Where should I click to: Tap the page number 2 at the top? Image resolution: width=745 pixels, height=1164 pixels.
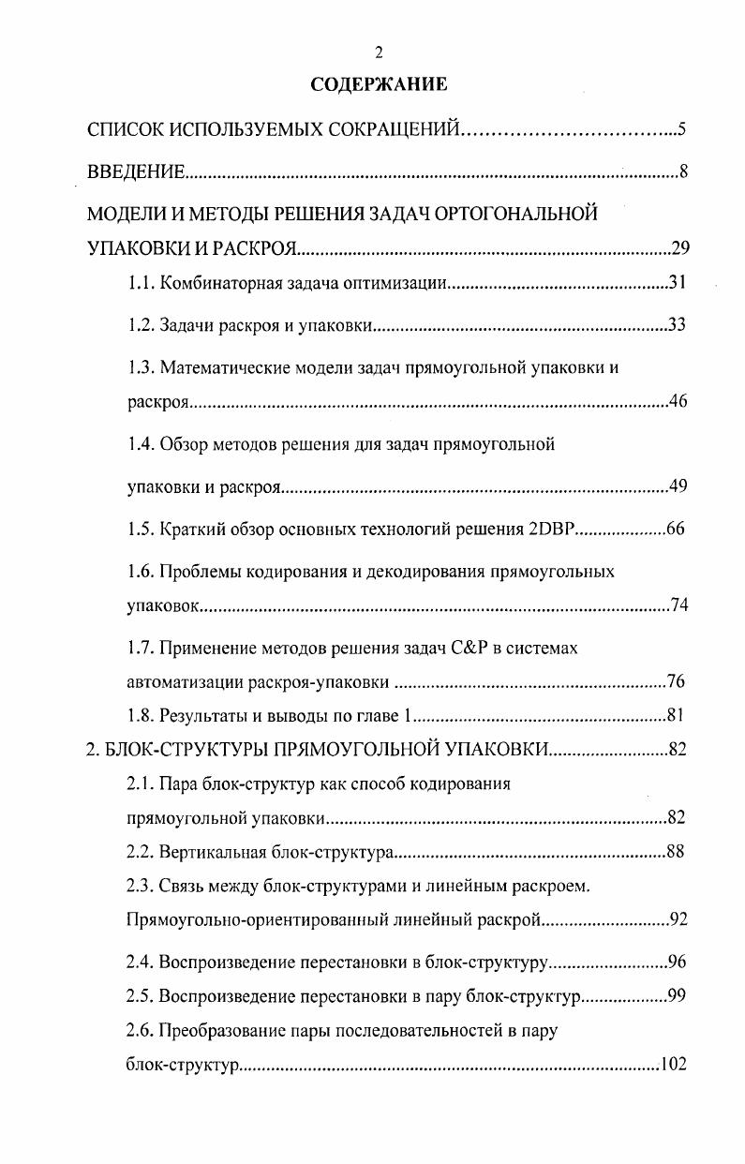coord(379,52)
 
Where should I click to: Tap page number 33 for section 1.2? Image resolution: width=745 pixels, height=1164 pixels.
coord(677,325)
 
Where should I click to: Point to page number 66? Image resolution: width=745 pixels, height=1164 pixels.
coord(676,529)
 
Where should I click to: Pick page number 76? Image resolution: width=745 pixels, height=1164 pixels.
coord(677,680)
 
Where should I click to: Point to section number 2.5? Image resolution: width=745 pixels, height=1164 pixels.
coord(141,995)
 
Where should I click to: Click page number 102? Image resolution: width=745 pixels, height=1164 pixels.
coord(674,1065)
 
